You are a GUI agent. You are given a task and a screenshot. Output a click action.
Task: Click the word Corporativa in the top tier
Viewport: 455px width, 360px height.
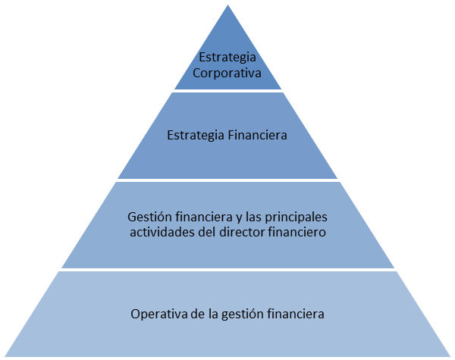pyautogui.click(x=227, y=74)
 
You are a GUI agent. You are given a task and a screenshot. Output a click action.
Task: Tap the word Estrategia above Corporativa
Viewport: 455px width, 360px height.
pyautogui.click(x=227, y=58)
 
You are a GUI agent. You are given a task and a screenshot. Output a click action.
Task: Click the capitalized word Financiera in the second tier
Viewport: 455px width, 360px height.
pyautogui.click(x=257, y=137)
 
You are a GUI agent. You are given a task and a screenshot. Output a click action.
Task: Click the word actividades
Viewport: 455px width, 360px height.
pyautogui.click(x=162, y=233)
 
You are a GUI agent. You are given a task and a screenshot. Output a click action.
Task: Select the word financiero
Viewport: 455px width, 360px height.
pyautogui.click(x=297, y=233)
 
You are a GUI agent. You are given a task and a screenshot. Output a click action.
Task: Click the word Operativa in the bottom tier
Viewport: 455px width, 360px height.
pyautogui.click(x=157, y=314)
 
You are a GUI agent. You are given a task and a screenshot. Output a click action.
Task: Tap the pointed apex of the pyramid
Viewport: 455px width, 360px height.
pyautogui.click(x=227, y=3)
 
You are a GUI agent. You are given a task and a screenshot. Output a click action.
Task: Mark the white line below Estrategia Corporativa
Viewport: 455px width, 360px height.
pyautogui.click(x=227, y=91)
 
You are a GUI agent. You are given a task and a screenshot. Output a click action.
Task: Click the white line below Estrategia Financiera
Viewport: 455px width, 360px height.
pyautogui.click(x=227, y=180)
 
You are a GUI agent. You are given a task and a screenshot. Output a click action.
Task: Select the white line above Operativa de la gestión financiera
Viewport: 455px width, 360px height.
pyautogui.click(x=227, y=269)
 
